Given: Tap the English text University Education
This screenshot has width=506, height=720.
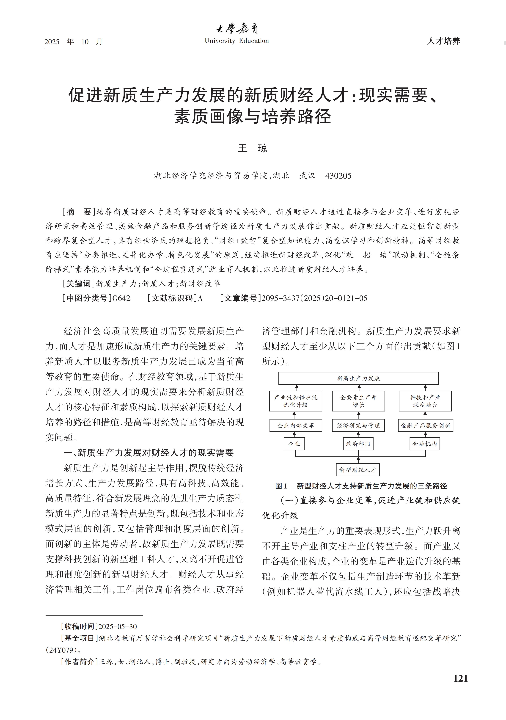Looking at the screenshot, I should click(x=237, y=41).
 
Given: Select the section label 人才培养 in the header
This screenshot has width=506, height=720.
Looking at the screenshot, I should click(x=443, y=41).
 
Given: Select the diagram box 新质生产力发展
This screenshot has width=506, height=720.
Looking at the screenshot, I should click(x=358, y=378).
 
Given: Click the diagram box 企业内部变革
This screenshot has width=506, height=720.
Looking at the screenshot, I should click(x=296, y=425).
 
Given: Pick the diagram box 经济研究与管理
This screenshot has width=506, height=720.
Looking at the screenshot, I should click(x=358, y=425).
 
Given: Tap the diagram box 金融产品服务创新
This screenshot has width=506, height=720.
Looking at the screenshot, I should click(x=425, y=425).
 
